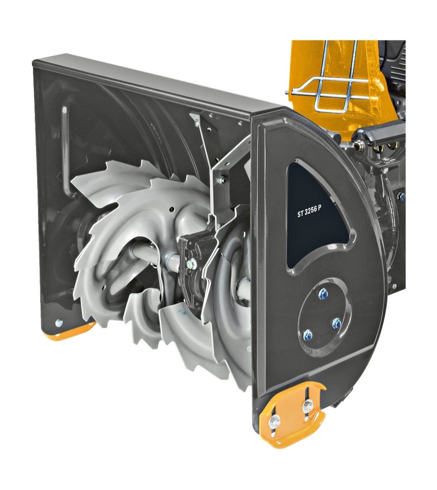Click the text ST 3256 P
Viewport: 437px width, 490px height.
pos(309,213)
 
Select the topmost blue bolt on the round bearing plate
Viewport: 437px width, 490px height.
pos(323,294)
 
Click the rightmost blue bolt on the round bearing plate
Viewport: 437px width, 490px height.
pos(336,323)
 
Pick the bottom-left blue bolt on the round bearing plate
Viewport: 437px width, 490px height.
pos(308,335)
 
